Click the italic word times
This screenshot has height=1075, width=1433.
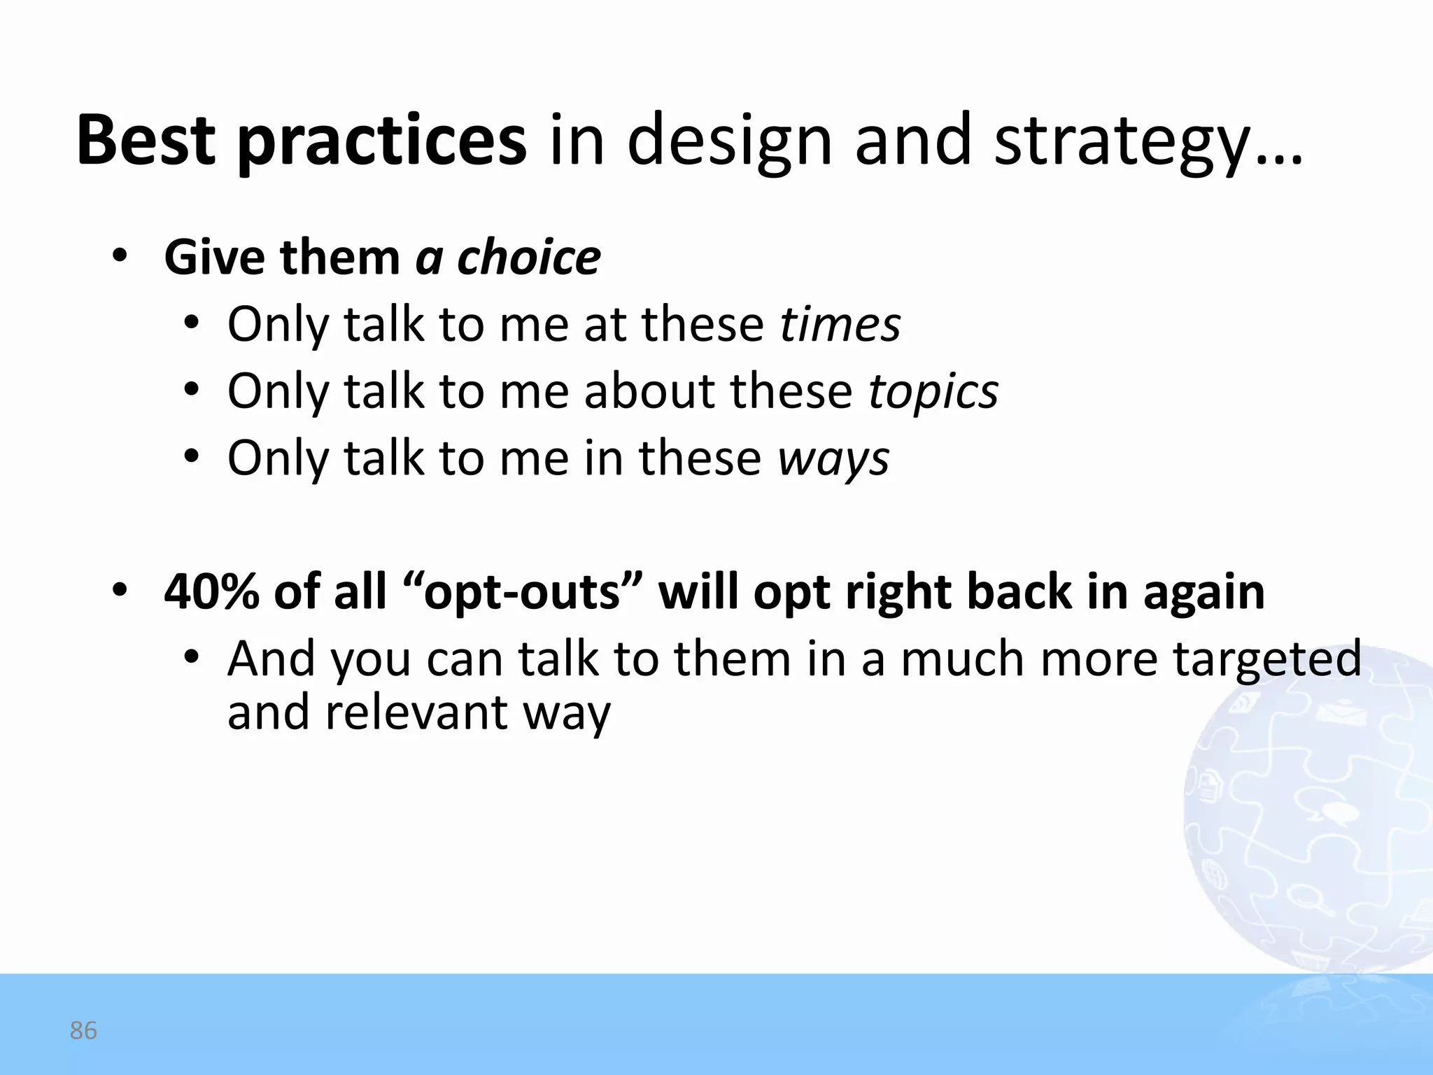coord(840,325)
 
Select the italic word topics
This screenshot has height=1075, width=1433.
coord(933,392)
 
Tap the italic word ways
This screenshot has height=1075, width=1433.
coord(833,459)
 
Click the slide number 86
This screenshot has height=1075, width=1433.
coord(83,1031)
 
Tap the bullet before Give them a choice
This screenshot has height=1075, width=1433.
coord(120,257)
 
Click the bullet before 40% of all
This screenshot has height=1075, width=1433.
coord(120,591)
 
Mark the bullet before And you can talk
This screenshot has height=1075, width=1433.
coord(191,659)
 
